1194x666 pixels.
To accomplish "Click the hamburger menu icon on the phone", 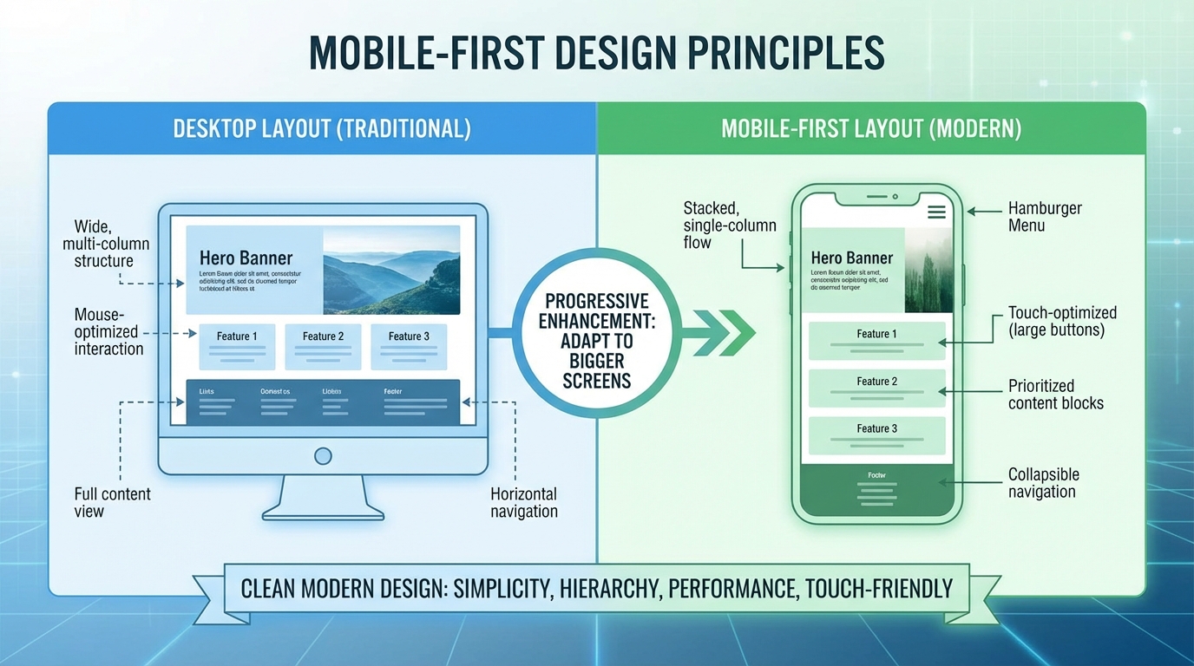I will tap(936, 212).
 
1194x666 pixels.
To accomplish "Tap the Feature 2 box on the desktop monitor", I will tap(323, 346).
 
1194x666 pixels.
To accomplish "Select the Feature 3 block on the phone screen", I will tap(876, 435).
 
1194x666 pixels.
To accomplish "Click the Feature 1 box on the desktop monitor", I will tap(237, 346).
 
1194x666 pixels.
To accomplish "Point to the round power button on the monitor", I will tap(323, 455).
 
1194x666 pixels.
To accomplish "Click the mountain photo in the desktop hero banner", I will tap(391, 271).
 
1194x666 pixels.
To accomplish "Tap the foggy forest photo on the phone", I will tap(928, 271).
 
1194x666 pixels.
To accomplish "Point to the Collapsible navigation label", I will tap(1043, 483).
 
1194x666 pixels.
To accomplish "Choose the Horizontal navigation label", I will tap(523, 502).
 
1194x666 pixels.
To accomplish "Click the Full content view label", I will tap(112, 502).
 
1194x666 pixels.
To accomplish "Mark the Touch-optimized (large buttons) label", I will tap(1061, 321).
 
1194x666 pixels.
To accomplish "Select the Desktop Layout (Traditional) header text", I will tap(322, 129).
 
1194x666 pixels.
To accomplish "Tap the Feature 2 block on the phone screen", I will tap(876, 388).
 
